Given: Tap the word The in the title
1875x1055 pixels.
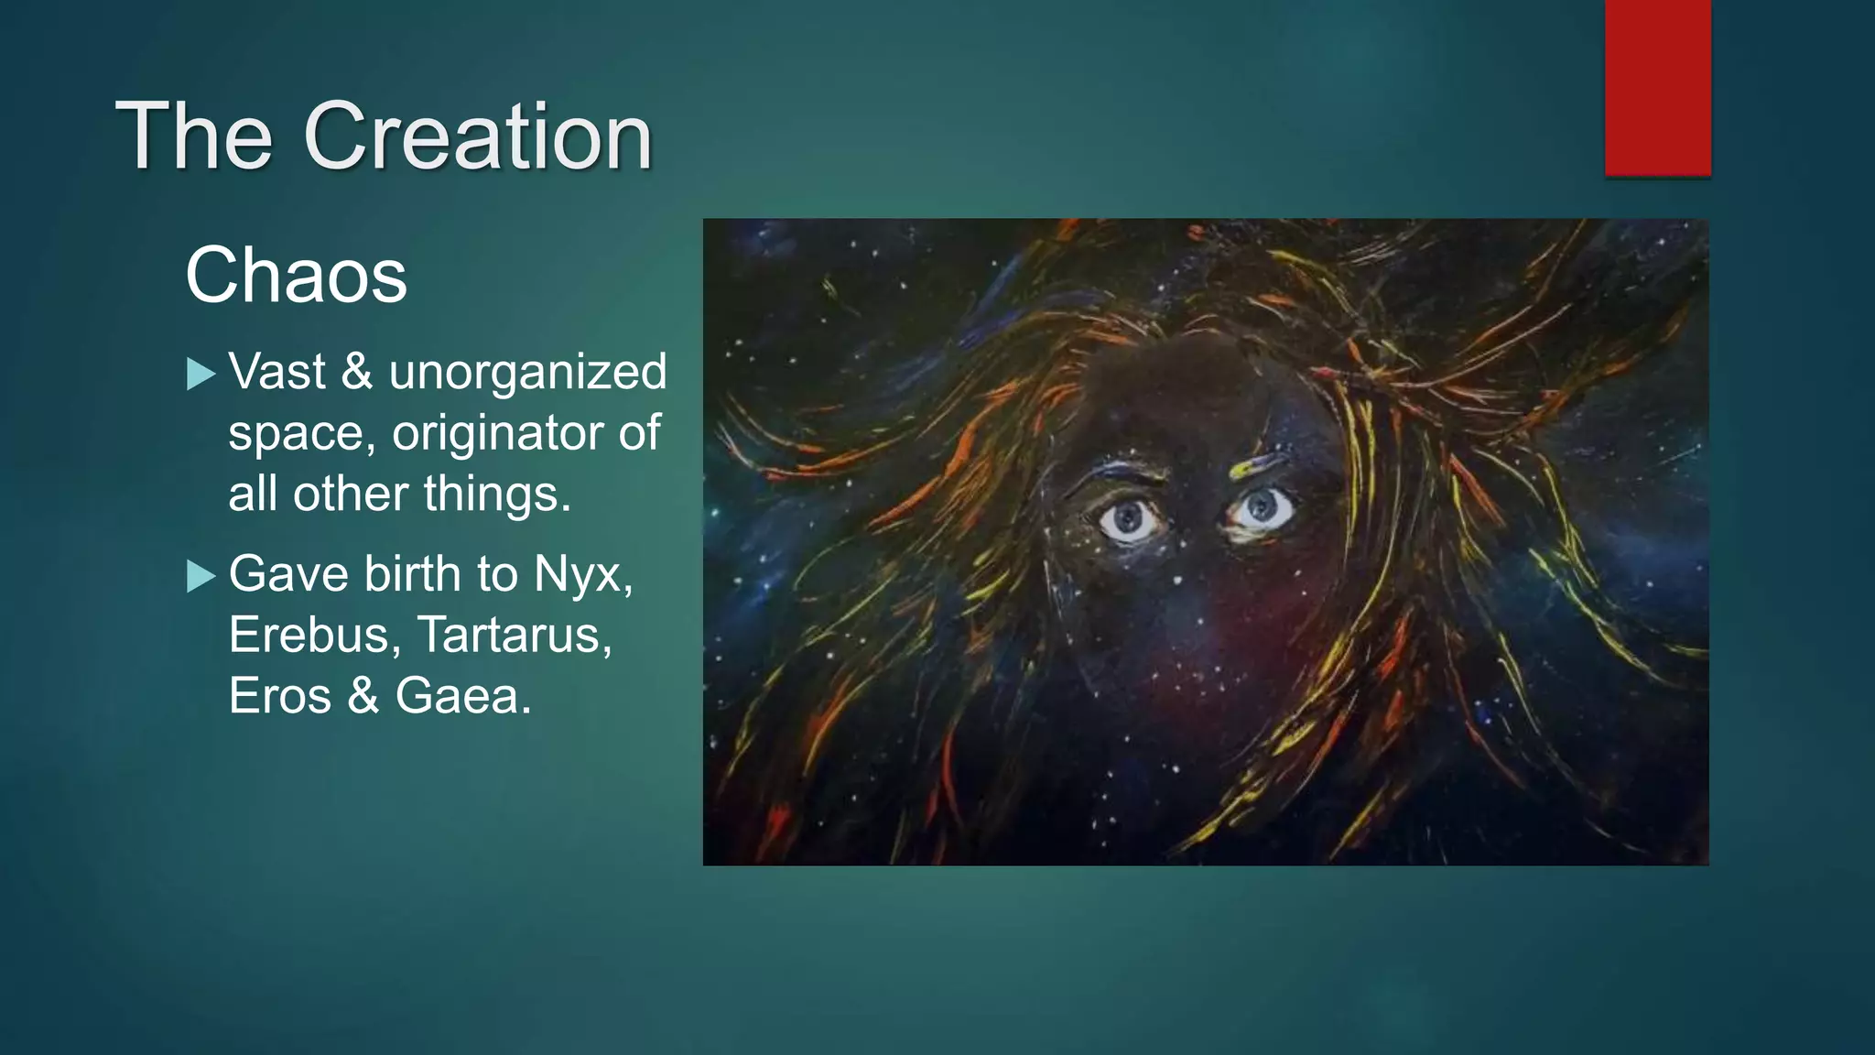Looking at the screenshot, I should (x=193, y=136).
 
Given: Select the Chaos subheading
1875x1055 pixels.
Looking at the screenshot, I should (x=296, y=275).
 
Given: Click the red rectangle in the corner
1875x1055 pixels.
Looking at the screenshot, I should (x=1657, y=87).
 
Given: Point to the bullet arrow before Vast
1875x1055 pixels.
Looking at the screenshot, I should (x=200, y=374).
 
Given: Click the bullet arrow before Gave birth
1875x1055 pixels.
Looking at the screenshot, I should (x=200, y=576).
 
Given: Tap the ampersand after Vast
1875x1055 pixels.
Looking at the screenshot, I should (x=356, y=373).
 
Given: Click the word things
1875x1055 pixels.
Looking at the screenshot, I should (x=496, y=495).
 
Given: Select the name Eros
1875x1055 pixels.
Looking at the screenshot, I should (x=279, y=696).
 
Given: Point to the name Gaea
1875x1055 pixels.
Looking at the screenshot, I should (x=463, y=696).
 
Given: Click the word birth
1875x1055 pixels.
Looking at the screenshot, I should (x=412, y=574).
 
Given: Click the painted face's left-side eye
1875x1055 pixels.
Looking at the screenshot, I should (x=1129, y=519).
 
